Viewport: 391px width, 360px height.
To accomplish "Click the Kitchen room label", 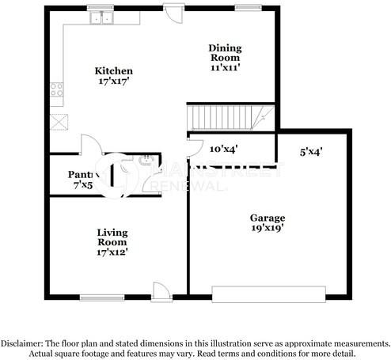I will [x=114, y=71].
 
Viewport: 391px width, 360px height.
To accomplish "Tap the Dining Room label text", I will [x=225, y=53].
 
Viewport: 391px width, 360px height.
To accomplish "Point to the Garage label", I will [x=269, y=218].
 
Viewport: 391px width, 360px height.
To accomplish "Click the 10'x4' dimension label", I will [x=224, y=148].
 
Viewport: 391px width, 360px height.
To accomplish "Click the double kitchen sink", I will [x=101, y=17].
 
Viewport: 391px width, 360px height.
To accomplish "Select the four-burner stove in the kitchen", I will [x=57, y=90].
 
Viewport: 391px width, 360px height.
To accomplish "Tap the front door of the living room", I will [x=161, y=290].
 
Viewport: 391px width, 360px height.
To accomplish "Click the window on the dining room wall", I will [x=242, y=8].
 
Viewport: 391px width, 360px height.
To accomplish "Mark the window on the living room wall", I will [x=101, y=297].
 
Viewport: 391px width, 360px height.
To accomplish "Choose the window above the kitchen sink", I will [x=101, y=8].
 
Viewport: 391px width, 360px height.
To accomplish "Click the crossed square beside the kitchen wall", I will [x=58, y=122].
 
